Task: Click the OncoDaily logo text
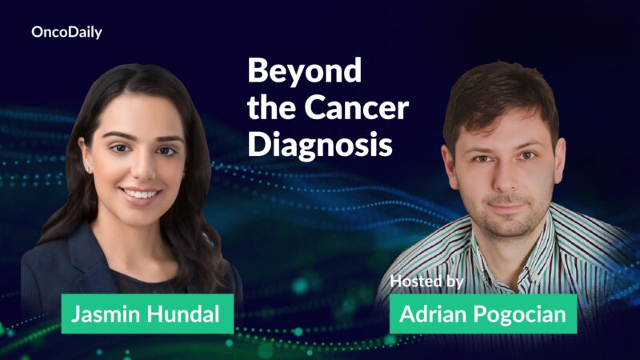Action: [x=66, y=33]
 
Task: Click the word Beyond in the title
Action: [x=293, y=71]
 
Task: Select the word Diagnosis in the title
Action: [x=320, y=145]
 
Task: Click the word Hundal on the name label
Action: [x=185, y=314]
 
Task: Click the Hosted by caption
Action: [x=427, y=281]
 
